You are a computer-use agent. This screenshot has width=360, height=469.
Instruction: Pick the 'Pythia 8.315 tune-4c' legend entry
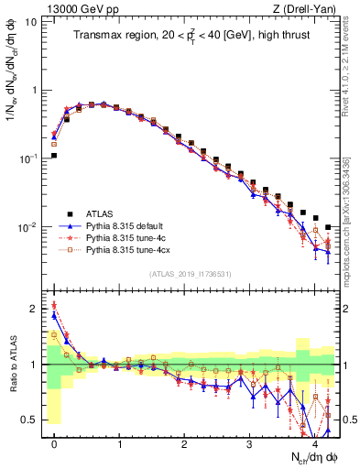pos(130,236)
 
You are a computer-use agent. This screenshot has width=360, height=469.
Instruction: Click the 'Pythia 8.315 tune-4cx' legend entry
pos(132,249)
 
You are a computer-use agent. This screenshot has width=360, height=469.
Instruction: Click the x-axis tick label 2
pos(185,444)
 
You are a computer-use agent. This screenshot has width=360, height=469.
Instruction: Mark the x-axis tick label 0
pos(55,444)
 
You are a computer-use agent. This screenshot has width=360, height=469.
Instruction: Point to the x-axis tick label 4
pos(315,444)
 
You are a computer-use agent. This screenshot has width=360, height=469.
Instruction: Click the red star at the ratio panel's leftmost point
pos(55,305)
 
